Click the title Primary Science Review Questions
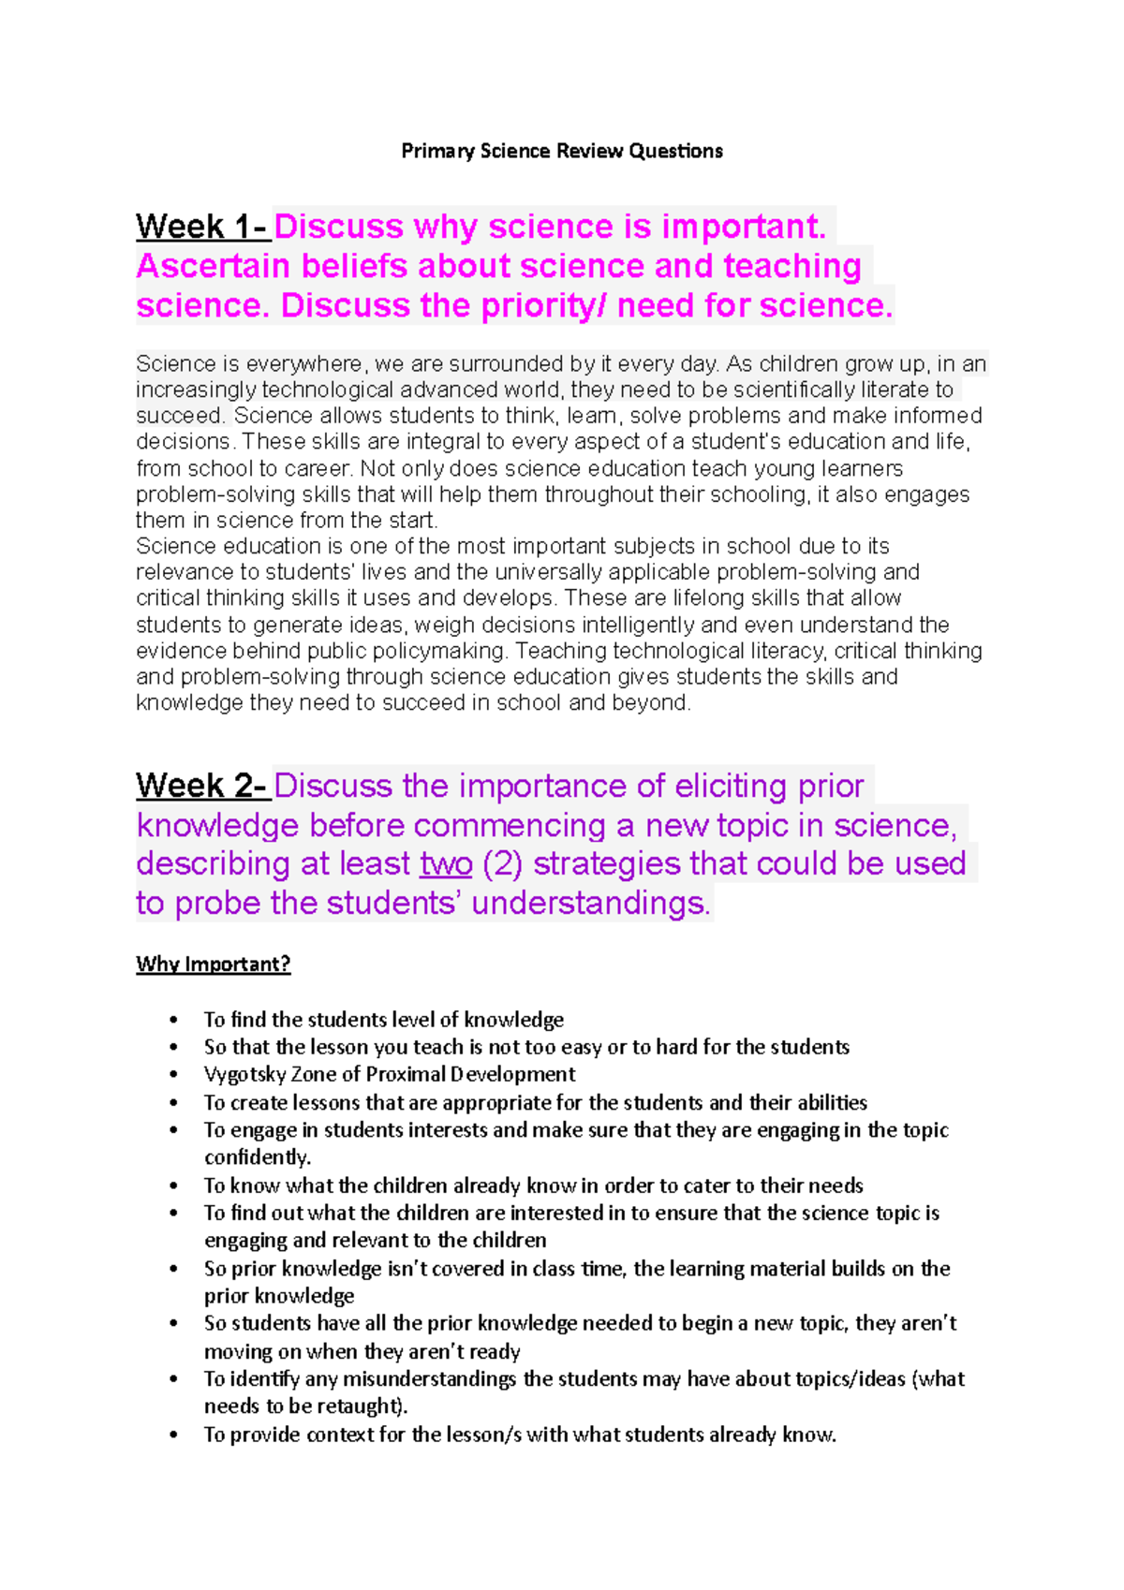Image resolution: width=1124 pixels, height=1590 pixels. tap(562, 151)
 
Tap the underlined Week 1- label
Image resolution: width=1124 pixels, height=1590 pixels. tap(202, 227)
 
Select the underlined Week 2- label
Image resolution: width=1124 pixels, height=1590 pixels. tap(202, 786)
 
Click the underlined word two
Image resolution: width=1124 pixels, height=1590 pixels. tap(446, 863)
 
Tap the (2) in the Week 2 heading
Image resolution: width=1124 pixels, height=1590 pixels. tap(502, 863)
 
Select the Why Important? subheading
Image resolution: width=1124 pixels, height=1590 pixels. tap(214, 964)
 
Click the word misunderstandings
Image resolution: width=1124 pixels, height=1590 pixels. tap(429, 1378)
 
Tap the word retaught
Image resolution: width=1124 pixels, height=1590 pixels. tap(361, 1406)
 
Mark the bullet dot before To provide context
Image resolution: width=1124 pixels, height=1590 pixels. tap(173, 1435)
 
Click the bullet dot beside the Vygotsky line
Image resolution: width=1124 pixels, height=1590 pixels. tap(173, 1075)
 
